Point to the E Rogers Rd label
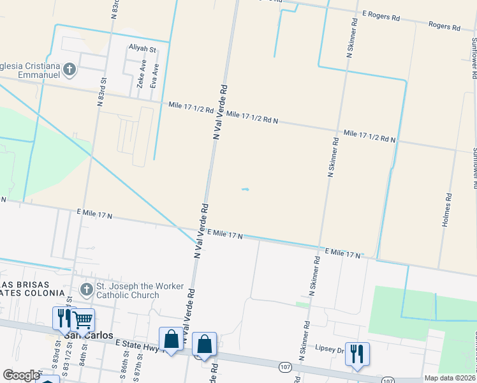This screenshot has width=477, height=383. (x=380, y=16)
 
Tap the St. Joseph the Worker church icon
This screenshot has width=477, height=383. (x=87, y=290)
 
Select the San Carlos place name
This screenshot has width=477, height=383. (x=89, y=335)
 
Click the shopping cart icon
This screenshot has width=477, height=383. (x=82, y=319)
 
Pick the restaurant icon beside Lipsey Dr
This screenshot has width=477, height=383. (x=357, y=353)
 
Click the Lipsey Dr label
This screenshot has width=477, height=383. (x=329, y=349)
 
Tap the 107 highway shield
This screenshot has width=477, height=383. (x=285, y=366)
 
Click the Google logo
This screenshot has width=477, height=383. (x=21, y=375)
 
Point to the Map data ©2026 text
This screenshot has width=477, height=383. (x=449, y=378)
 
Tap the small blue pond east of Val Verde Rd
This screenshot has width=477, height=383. (x=246, y=189)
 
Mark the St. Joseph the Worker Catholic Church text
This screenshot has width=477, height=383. (x=140, y=290)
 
